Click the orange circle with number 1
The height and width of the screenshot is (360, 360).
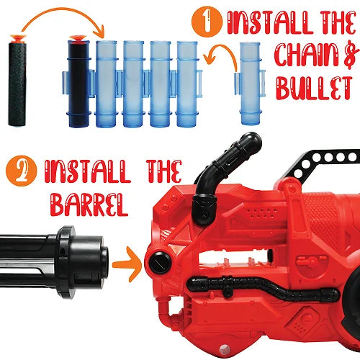[207, 22]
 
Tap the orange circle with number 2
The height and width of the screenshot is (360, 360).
[22, 171]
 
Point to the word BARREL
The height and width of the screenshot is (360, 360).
[89, 205]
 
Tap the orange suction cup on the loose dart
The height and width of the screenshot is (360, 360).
[18, 38]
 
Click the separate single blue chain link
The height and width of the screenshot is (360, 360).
[250, 84]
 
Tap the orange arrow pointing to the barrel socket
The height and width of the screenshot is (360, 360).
[127, 264]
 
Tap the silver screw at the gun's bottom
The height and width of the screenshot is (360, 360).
[225, 348]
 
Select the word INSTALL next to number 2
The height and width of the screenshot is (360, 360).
[88, 171]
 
